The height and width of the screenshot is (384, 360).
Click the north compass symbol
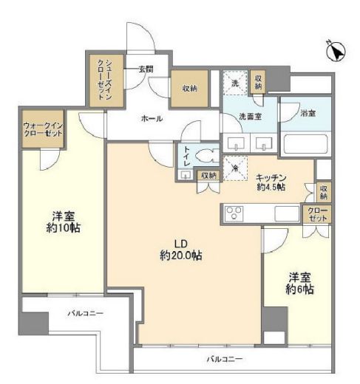pos(336,51)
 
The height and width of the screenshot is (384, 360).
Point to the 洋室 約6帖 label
pos(301,284)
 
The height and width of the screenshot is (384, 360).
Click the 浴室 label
pos(308,114)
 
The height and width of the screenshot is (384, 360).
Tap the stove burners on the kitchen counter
pos(236,215)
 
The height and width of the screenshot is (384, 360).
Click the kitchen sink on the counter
pos(288,214)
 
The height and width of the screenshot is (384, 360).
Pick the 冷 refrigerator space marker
pos(235,167)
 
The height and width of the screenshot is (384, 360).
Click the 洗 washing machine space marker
pos(235,83)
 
